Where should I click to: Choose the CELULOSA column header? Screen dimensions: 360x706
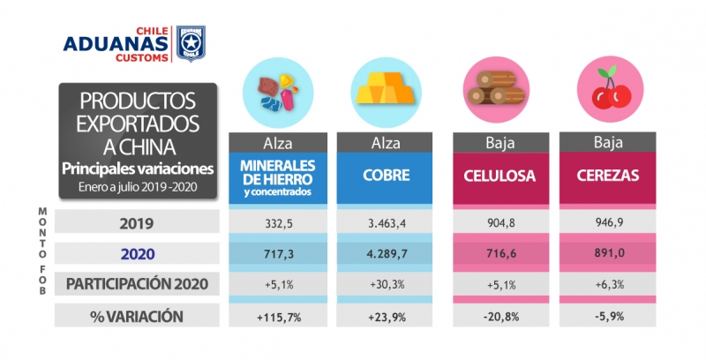(500, 175)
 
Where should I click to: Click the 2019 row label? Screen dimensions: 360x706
(136, 222)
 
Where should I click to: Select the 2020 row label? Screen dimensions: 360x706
(136, 254)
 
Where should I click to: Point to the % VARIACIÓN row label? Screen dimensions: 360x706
(136, 316)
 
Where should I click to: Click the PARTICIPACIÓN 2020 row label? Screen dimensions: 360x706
(136, 284)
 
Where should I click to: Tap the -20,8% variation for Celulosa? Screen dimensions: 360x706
(500, 316)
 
